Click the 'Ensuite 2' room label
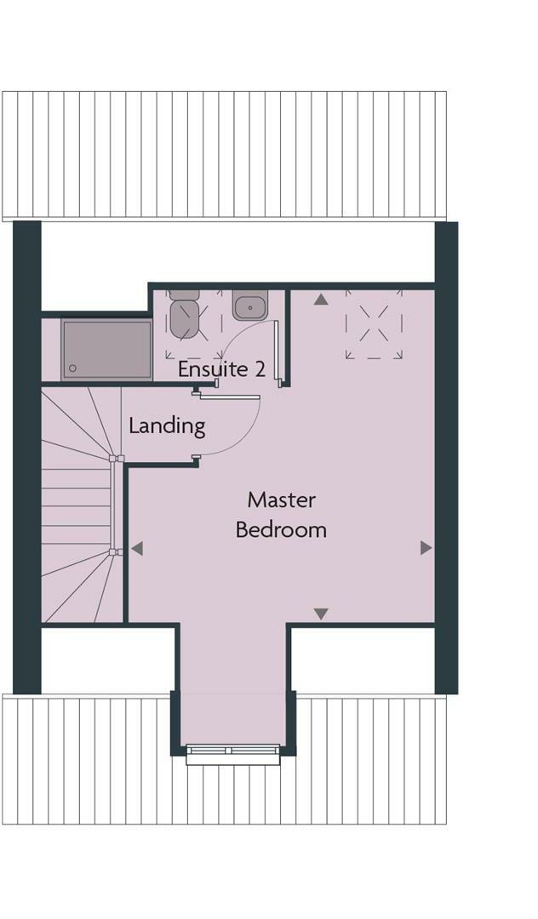(x=221, y=370)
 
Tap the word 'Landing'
(x=167, y=425)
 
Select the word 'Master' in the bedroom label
(x=281, y=499)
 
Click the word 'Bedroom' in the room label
(x=281, y=529)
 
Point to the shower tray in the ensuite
(x=106, y=349)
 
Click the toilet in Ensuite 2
(x=183, y=315)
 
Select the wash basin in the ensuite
(x=249, y=305)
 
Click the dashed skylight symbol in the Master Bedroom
(x=374, y=323)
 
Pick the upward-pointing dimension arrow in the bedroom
(x=321, y=300)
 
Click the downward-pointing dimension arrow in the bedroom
(x=321, y=614)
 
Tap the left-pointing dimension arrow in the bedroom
(x=137, y=549)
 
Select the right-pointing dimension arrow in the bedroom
(x=426, y=549)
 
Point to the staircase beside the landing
(x=77, y=502)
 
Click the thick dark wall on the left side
(x=26, y=459)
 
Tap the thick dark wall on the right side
(x=446, y=459)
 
